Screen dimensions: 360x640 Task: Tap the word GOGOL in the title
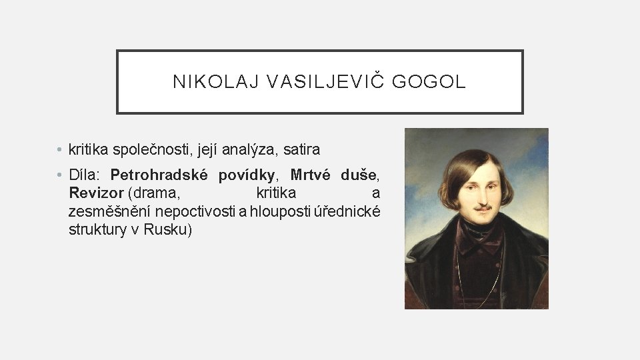pyautogui.click(x=429, y=82)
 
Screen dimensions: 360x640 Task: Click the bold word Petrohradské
pyautogui.click(x=159, y=175)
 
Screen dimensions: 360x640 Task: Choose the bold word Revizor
pyautogui.click(x=96, y=193)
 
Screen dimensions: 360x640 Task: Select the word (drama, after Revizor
pyautogui.click(x=157, y=193)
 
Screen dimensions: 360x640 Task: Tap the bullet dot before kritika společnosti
pyautogui.click(x=60, y=149)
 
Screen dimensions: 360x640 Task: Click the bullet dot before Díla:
pyautogui.click(x=60, y=175)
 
